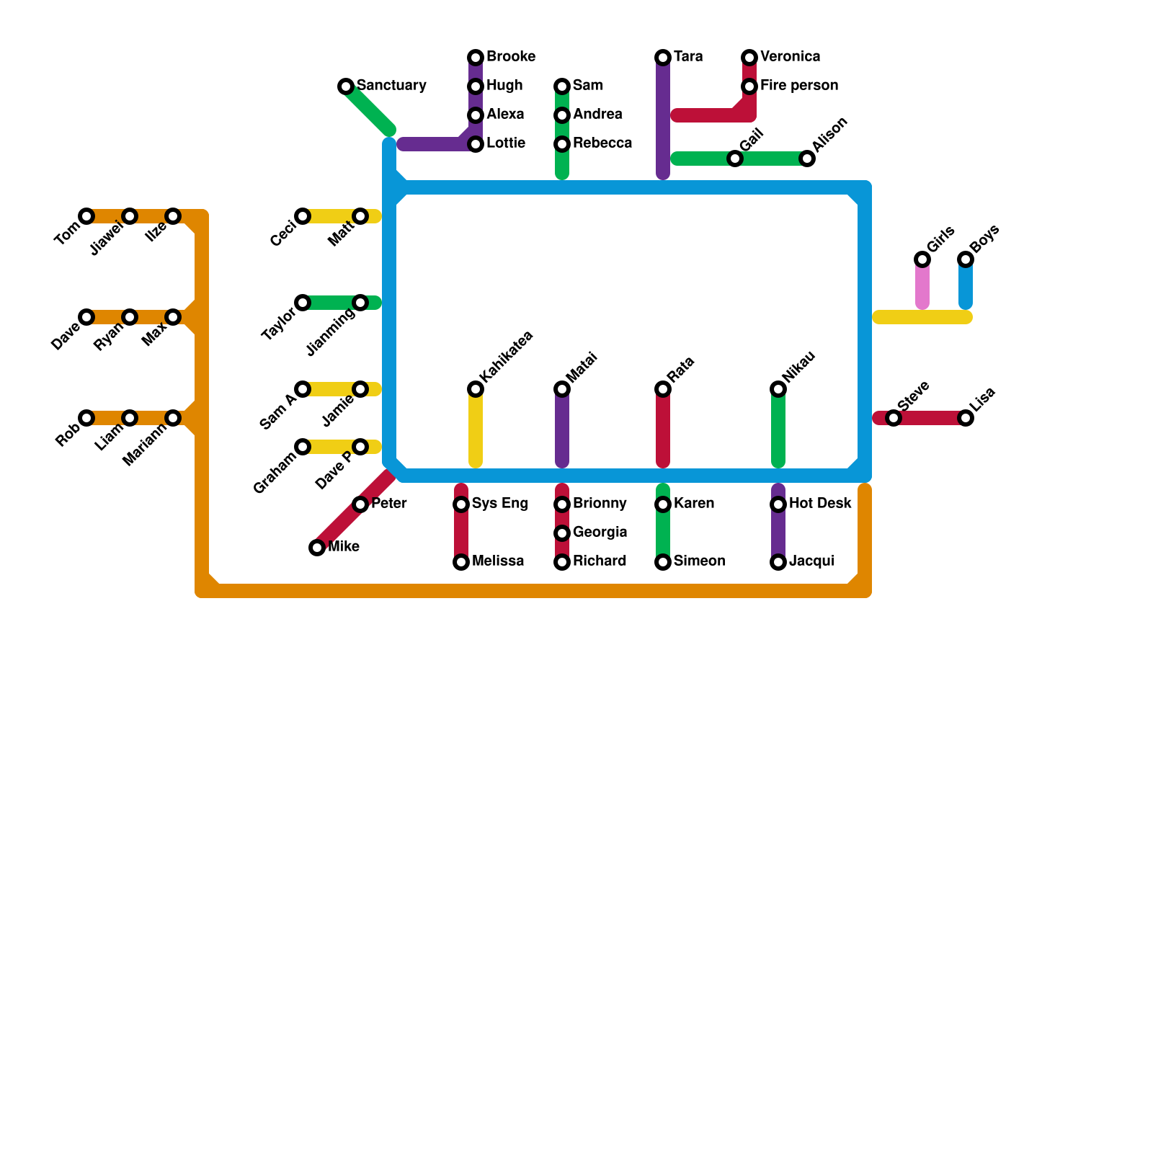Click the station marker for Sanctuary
[x=346, y=86]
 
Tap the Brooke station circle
[x=476, y=58]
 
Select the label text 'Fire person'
[x=799, y=86]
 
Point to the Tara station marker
[x=663, y=58]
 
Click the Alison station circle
[x=807, y=159]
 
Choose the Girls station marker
[x=922, y=259]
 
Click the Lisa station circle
[x=966, y=418]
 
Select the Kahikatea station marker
[x=476, y=389]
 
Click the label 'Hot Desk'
[x=820, y=504]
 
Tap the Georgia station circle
[x=562, y=533]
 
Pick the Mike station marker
[x=317, y=548]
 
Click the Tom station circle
[x=86, y=216]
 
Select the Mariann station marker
[x=173, y=418]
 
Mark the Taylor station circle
[x=303, y=303]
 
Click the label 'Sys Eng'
[x=500, y=504]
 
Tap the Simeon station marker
[x=663, y=562]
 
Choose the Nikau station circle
[x=778, y=389]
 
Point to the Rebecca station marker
[x=562, y=144]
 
